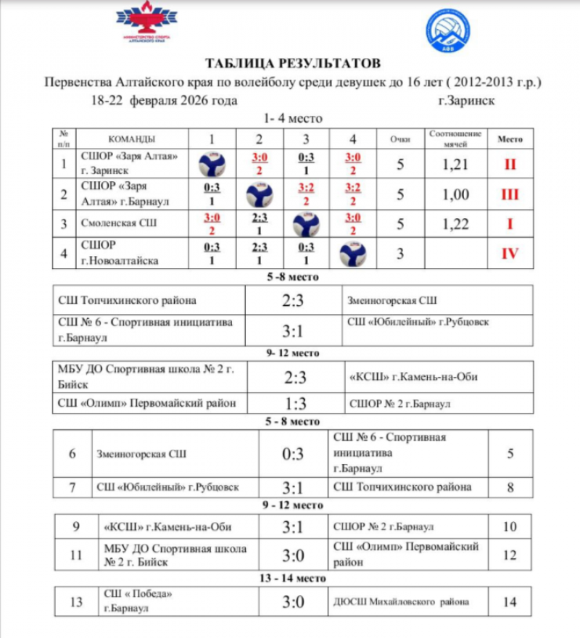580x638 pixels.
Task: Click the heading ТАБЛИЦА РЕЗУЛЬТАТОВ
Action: [292, 63]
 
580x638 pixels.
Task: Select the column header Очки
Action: [399, 138]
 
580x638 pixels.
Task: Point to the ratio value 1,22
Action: [455, 224]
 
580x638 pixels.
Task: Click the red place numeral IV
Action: [510, 254]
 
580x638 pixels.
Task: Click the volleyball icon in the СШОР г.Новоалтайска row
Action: [352, 254]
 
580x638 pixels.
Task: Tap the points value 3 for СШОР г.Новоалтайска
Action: [399, 254]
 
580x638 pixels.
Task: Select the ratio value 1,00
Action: [455, 194]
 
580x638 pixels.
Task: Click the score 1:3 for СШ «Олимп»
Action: [294, 403]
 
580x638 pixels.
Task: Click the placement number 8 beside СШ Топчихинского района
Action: [510, 486]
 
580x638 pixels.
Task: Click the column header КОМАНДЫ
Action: [131, 139]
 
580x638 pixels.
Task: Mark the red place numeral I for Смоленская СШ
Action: [510, 224]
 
